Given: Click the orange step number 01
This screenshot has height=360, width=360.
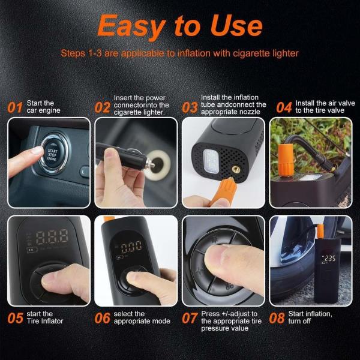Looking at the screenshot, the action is tap(15, 107).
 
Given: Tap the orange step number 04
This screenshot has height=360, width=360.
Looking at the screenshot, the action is tap(284, 107).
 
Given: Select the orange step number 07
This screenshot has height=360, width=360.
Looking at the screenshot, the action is tap(190, 318).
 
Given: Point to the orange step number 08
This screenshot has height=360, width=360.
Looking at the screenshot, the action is tap(277, 318).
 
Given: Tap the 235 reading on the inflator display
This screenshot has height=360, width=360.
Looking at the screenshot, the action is tap(329, 259).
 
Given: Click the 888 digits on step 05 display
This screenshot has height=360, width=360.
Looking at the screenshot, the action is tap(52, 237).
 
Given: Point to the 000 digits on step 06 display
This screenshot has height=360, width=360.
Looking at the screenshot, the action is tap(131, 247).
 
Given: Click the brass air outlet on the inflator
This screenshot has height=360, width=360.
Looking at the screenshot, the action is tap(236, 170).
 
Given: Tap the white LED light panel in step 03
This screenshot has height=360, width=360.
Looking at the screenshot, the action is tap(211, 160).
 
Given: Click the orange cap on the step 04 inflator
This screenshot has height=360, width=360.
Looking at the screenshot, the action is tap(286, 161).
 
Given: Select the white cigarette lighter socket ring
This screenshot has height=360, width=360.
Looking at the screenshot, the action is tap(158, 164).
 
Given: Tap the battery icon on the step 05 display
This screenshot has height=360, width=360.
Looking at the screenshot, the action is tap(31, 250).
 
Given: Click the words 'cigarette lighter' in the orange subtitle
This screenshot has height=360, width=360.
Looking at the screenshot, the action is tap(266, 53).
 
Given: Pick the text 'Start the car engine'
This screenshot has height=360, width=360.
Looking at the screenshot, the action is tap(43, 107).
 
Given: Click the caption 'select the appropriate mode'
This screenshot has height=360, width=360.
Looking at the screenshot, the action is tap(142, 317).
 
